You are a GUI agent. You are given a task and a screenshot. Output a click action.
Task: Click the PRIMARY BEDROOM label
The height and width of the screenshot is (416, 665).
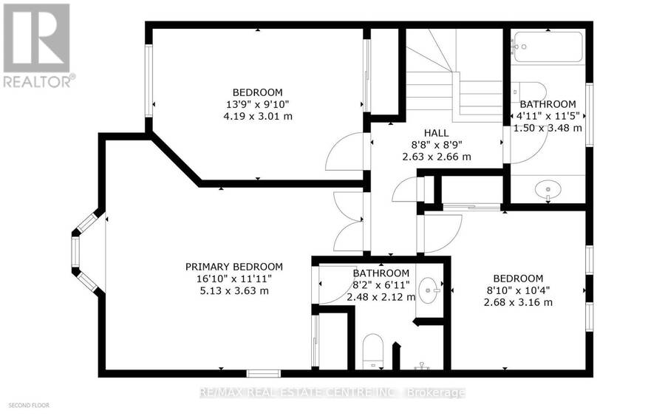tap(233, 267)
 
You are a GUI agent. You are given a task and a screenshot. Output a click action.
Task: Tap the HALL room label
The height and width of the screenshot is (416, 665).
tap(437, 133)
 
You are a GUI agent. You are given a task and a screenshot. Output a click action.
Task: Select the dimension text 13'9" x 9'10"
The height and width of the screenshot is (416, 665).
tap(258, 104)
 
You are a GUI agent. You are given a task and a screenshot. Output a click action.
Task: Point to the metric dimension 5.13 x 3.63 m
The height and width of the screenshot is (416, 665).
tap(234, 291)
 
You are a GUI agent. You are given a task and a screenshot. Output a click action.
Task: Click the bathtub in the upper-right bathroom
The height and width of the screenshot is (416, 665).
tap(547, 47)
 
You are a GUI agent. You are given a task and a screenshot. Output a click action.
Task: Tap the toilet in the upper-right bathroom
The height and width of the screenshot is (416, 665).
tap(529, 91)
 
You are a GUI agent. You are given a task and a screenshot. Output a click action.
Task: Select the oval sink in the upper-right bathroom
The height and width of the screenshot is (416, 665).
tap(548, 190)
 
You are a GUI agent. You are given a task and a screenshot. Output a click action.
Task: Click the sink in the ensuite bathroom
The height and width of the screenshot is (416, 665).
tap(429, 290)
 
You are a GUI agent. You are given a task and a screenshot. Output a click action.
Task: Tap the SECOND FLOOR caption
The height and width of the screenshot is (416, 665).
tap(29, 406)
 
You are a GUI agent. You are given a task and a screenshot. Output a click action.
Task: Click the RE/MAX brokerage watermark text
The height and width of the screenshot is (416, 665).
tap(332, 392)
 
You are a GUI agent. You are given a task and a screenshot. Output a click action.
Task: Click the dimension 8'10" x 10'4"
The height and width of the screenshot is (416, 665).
tap(518, 290)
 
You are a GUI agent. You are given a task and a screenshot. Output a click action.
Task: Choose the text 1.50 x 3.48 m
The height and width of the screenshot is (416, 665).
tap(548, 128)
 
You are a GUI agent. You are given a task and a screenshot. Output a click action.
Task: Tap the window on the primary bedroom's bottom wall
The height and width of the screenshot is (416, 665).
tap(263, 373)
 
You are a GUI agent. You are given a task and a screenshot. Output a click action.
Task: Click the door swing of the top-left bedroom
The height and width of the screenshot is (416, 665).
tap(344, 151)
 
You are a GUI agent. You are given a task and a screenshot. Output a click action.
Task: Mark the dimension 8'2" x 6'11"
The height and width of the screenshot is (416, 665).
tap(381, 284)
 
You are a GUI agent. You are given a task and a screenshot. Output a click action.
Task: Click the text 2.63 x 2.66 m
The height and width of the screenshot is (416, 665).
tap(437, 157)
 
